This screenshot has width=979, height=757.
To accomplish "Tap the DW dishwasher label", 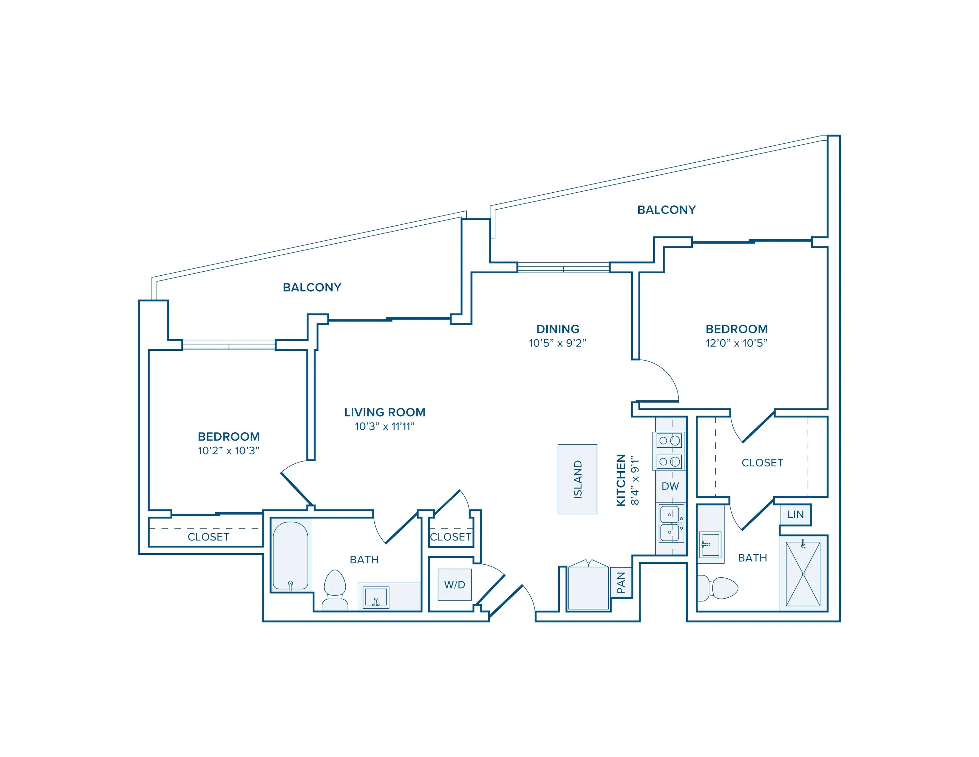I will click(670, 486).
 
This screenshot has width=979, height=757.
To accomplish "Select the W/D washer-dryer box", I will click(455, 584).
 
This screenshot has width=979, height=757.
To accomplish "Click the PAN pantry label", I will click(621, 583).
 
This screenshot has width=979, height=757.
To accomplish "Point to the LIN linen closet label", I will click(795, 515).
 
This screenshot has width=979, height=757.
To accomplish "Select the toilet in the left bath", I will click(335, 590).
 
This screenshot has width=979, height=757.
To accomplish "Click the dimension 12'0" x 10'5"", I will click(737, 343).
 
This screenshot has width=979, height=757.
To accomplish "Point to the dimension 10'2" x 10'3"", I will click(229, 451).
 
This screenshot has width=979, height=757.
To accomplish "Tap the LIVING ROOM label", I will click(385, 412).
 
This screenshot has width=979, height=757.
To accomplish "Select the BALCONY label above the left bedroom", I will click(312, 287).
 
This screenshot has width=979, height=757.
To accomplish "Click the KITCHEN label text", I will click(621, 480).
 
